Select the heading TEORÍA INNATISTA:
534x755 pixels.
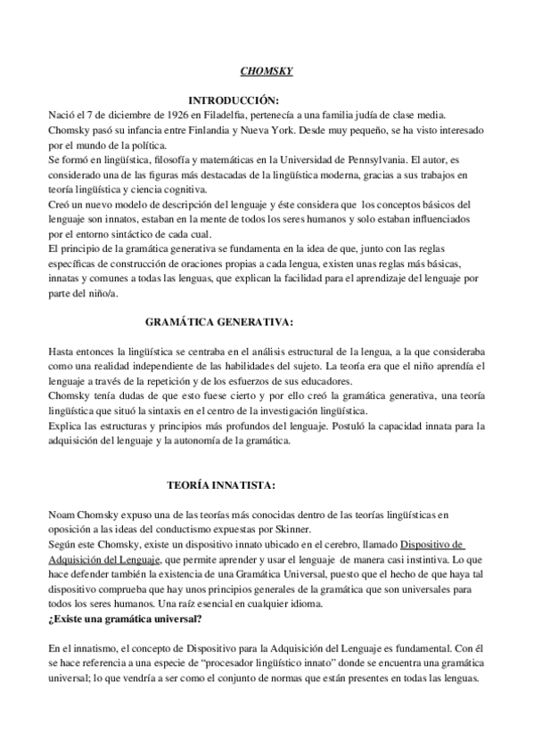pyautogui.click(x=221, y=485)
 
